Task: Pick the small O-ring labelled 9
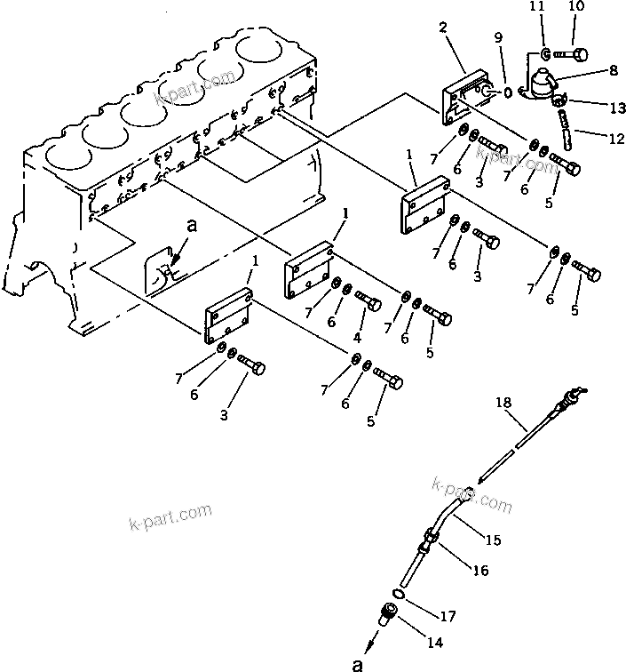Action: [x=507, y=92]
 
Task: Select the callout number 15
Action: [x=492, y=539]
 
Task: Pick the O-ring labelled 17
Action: [x=400, y=595]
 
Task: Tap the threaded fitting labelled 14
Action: [x=388, y=614]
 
